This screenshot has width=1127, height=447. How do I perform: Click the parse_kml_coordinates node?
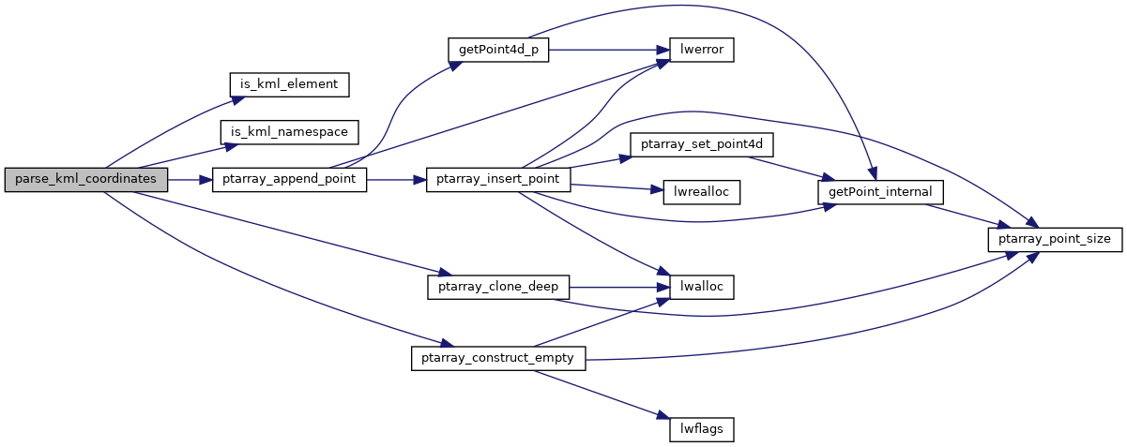(86, 179)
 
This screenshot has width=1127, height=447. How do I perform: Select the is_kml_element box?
(289, 83)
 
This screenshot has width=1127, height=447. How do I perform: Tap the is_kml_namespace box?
(289, 132)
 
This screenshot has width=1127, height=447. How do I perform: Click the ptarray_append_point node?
(289, 179)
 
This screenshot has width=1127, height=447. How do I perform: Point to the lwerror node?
(700, 49)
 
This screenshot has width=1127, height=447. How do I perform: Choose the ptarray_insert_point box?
(497, 179)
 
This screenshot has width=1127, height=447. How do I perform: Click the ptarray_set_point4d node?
(700, 145)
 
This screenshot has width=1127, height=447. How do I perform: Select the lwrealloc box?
(700, 191)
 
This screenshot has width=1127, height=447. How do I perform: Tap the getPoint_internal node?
(880, 191)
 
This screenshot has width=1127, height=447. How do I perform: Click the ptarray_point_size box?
(1054, 239)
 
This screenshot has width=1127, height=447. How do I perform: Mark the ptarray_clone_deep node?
(497, 287)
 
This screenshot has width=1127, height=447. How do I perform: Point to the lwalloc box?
(700, 287)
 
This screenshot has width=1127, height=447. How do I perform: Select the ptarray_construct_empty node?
(497, 358)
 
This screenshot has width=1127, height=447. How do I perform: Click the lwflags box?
(700, 429)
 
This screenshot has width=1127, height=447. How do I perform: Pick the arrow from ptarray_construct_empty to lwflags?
(601, 395)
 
